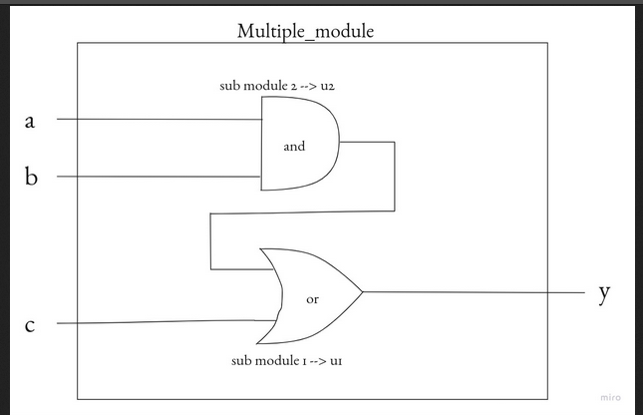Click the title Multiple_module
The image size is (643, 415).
[x=305, y=30]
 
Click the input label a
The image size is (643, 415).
[x=29, y=122]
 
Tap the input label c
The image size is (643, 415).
[x=29, y=325]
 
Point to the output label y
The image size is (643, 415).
[x=604, y=293]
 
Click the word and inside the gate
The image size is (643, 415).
[x=294, y=147]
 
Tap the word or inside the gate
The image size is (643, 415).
[x=312, y=298]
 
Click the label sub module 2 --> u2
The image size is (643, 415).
[x=282, y=86]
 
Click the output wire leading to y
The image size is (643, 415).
[x=469, y=292]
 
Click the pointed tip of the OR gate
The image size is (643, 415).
[x=362, y=292]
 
